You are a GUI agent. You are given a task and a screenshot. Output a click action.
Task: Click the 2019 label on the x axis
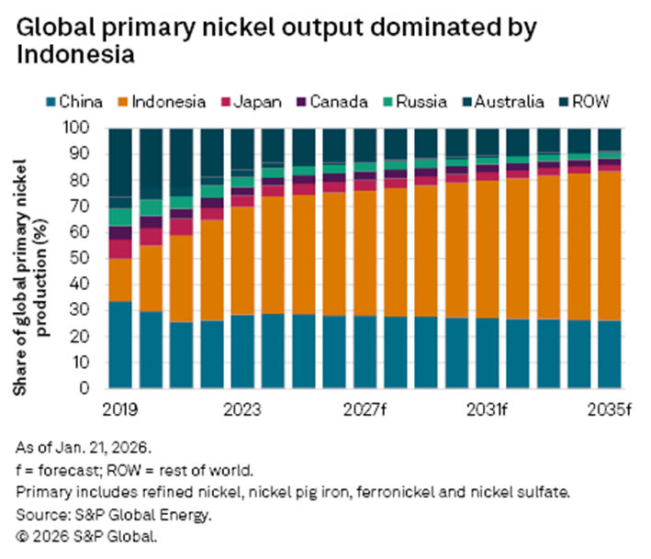click(119, 408)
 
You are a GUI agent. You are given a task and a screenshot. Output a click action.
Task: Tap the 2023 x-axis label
click(242, 408)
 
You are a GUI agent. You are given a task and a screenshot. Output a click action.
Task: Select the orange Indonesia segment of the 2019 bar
click(119, 279)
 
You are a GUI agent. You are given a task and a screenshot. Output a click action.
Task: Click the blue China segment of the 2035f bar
click(610, 353)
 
